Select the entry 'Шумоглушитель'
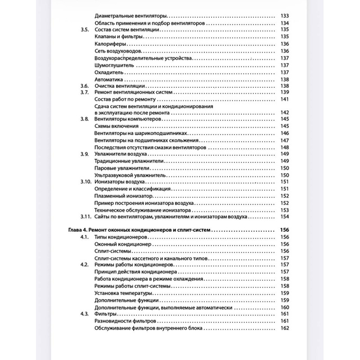(x=113, y=66)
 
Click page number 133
(x=284, y=16)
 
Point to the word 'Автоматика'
(x=108, y=80)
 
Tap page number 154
(x=284, y=217)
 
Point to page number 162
(x=284, y=328)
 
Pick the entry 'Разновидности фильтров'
(x=126, y=321)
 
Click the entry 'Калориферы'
(x=110, y=44)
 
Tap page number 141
(x=284, y=99)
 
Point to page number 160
(x=284, y=307)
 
